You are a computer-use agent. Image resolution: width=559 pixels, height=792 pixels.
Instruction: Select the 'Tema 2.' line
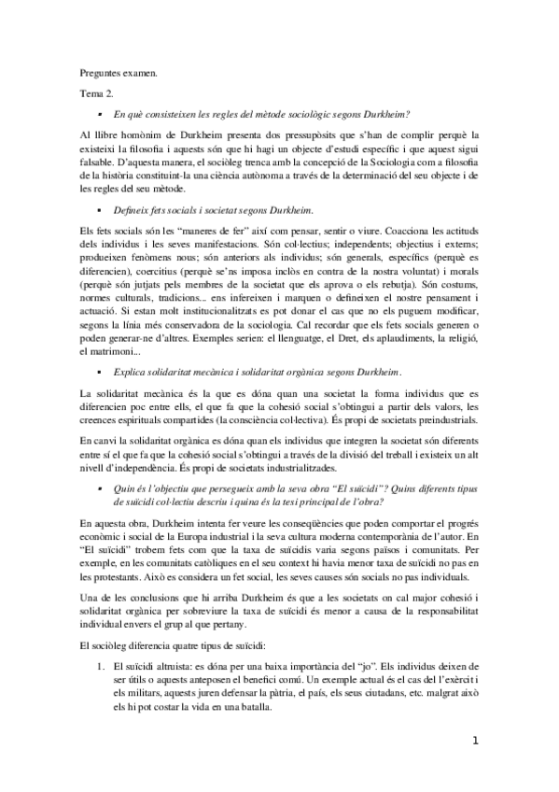pos(95,93)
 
